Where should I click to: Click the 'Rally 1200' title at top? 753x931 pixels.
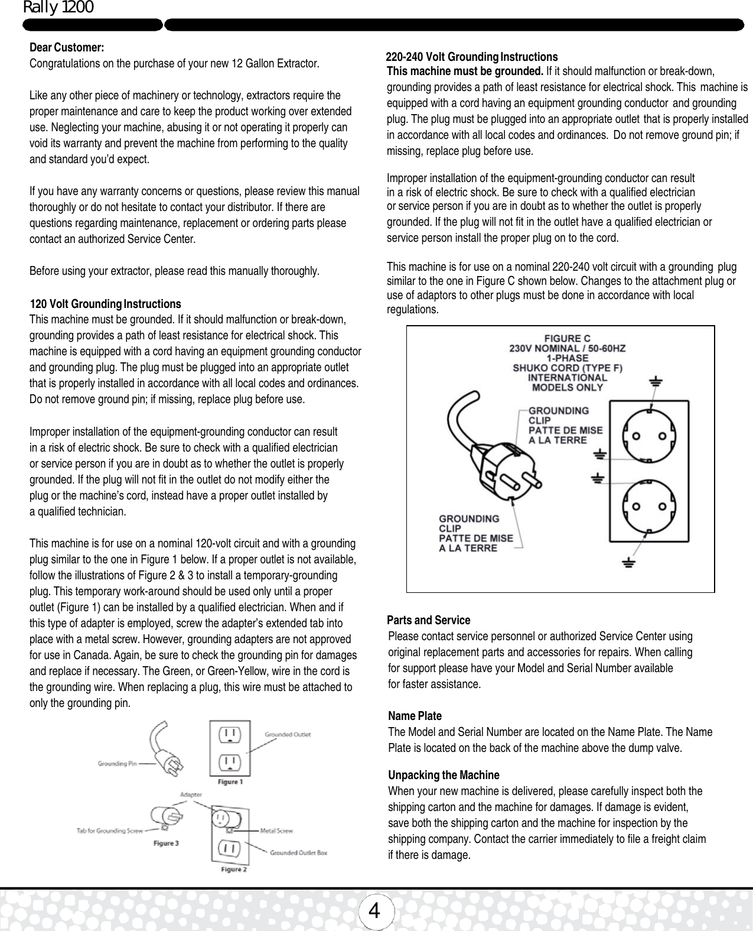pyautogui.click(x=58, y=8)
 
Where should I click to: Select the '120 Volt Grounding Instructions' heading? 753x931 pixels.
pyautogui.click(x=105, y=304)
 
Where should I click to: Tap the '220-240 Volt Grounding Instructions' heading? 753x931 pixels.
pyautogui.click(x=471, y=57)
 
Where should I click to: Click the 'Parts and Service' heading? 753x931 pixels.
pyautogui.click(x=428, y=620)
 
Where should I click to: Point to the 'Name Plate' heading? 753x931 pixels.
pyautogui.click(x=415, y=716)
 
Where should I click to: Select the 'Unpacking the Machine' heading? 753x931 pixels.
pyautogui.click(x=443, y=775)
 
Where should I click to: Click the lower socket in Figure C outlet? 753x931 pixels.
pyautogui.click(x=648, y=507)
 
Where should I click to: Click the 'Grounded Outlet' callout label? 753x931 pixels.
pyautogui.click(x=288, y=735)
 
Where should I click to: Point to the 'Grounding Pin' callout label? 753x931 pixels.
pyautogui.click(x=117, y=764)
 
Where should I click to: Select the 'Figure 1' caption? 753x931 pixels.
pyautogui.click(x=230, y=781)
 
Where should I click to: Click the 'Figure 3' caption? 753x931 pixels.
pyautogui.click(x=167, y=844)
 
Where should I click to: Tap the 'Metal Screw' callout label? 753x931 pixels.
pyautogui.click(x=276, y=831)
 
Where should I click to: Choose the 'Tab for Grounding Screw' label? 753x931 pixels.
pyautogui.click(x=110, y=831)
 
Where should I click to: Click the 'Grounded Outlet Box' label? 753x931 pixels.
pyautogui.click(x=298, y=852)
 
